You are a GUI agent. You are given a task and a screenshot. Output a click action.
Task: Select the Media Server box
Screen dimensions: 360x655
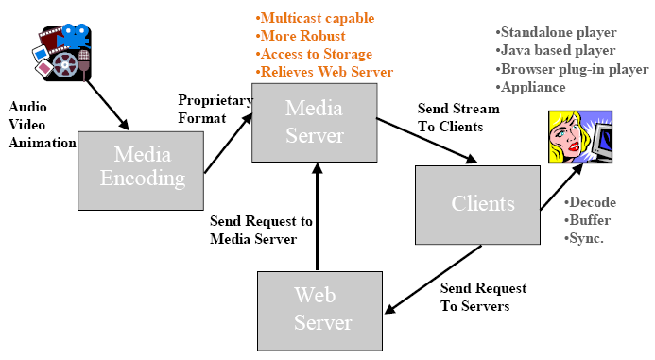(314, 122)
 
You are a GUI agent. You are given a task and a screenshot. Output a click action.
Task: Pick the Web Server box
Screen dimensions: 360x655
(320, 308)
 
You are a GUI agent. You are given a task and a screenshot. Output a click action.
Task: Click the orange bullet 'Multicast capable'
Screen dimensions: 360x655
(315, 19)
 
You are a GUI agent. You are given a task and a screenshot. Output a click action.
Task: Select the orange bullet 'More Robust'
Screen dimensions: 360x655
(295, 37)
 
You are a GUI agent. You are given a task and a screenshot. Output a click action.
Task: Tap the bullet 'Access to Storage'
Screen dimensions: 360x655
(314, 54)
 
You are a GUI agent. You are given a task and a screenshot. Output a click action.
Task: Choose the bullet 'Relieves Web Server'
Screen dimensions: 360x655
(323, 72)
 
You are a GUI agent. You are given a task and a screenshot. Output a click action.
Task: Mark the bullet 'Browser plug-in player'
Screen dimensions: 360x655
(572, 69)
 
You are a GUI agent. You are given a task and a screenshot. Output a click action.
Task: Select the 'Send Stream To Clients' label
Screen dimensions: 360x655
(458, 117)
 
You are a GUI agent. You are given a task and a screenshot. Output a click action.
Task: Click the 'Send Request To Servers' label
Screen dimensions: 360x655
(483, 297)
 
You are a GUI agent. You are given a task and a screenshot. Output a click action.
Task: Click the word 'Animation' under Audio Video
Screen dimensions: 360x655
(40, 143)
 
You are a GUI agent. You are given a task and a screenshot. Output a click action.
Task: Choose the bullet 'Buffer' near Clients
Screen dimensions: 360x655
(587, 220)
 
